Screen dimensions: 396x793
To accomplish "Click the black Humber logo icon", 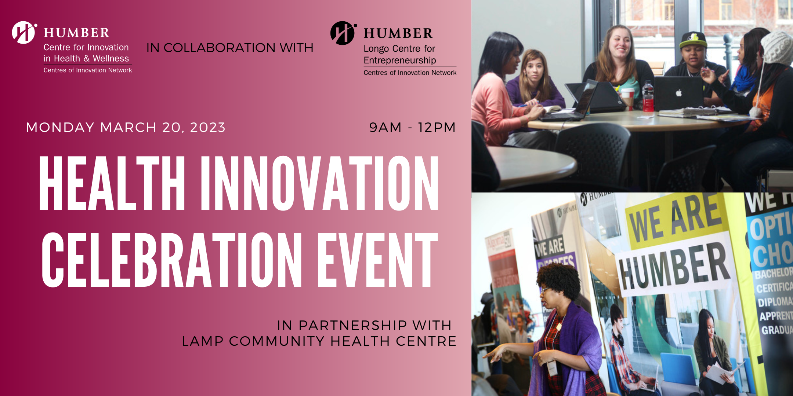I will coord(343,33).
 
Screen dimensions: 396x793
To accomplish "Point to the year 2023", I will coord(207,127).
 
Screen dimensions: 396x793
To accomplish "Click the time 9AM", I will coord(385,127).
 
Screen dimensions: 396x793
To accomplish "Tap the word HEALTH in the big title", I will coord(112,183).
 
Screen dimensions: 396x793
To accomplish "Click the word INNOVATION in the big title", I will coord(319,183).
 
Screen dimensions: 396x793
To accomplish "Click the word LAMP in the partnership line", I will coord(203,341).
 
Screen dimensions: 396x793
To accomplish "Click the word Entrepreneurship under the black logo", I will coord(400,60).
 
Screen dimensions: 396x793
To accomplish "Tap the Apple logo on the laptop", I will coord(679,93).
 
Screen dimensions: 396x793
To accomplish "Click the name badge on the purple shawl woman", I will coord(552,368).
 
